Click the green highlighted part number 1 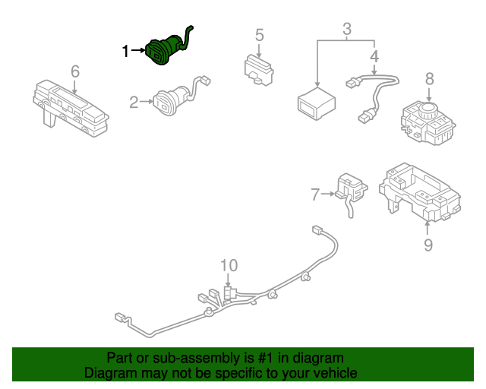pos(165,50)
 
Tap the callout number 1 pos(126,51)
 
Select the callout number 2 pos(134,102)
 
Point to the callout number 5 pos(259,35)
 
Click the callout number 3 pos(347,30)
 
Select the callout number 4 pos(374,56)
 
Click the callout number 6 pos(74,71)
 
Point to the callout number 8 pos(429,78)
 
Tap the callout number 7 pos(315,194)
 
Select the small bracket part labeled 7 pos(349,190)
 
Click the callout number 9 pos(428,245)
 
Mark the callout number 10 pos(229,265)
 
